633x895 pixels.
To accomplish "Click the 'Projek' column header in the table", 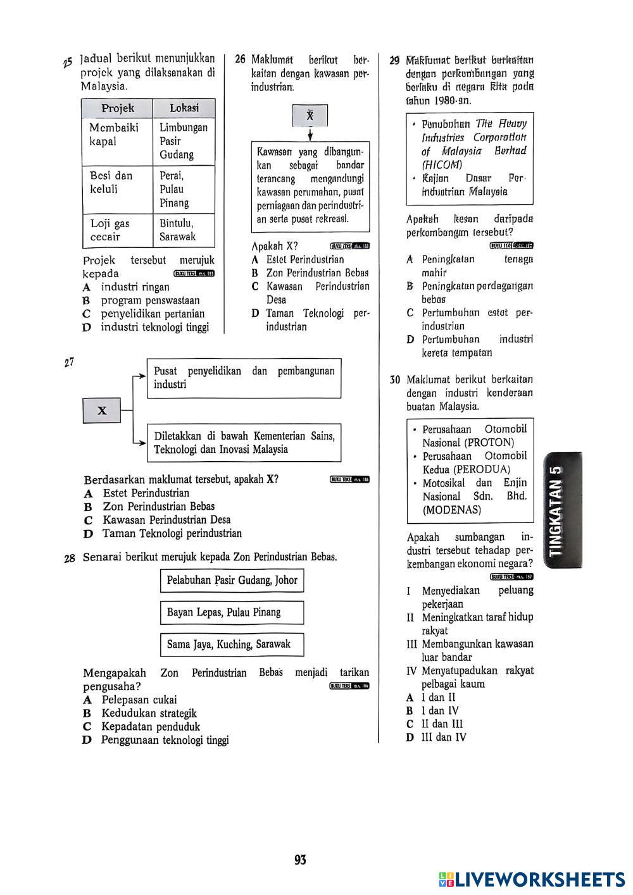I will pyautogui.click(x=118, y=108).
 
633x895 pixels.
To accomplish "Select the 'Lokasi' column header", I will pyautogui.click(x=184, y=108).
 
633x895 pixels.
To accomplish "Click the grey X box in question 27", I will pyautogui.click(x=102, y=411).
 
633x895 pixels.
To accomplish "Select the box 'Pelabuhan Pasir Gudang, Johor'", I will pyautogui.click(x=232, y=580).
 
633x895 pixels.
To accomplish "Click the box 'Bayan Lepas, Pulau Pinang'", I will pyautogui.click(x=232, y=612).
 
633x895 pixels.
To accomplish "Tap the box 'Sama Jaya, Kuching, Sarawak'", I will pyautogui.click(x=232, y=645).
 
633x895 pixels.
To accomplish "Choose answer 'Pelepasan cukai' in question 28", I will pyautogui.click(x=139, y=700).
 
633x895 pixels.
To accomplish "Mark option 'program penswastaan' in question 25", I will pyautogui.click(x=150, y=300).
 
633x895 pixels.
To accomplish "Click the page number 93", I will pyautogui.click(x=300, y=860).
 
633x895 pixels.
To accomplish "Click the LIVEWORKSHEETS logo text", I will pyautogui.click(x=539, y=879).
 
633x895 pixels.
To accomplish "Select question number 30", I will pyautogui.click(x=395, y=380).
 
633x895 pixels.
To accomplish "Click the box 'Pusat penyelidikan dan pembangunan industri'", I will pyautogui.click(x=244, y=378).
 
